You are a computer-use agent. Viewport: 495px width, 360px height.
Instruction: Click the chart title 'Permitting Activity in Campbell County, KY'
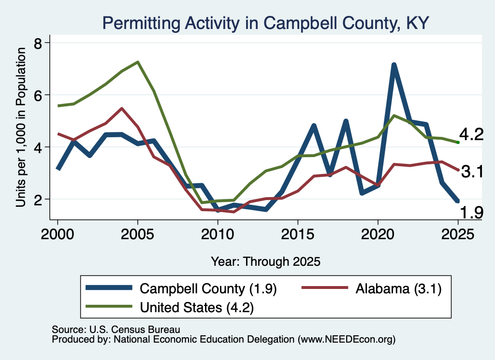click(265, 23)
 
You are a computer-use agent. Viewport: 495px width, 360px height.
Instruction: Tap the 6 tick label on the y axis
click(38, 95)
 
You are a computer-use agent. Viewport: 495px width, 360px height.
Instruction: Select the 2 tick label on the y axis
click(38, 200)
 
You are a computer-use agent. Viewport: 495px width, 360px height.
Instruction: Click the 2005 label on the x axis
click(138, 234)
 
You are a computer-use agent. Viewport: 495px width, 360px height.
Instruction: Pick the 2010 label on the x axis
click(218, 234)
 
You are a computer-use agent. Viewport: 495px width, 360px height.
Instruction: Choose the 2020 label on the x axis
click(378, 234)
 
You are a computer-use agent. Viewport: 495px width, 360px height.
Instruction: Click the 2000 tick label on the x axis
click(58, 234)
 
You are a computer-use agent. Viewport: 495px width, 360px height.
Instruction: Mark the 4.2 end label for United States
click(471, 134)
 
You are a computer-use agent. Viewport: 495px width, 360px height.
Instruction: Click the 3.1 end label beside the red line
click(472, 172)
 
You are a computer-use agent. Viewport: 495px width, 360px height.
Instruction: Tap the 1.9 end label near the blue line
click(471, 212)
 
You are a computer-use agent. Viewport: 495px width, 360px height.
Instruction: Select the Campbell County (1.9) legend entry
click(181, 288)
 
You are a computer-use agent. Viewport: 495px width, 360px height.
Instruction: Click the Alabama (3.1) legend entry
click(372, 288)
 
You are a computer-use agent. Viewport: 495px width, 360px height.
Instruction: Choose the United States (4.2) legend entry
click(170, 307)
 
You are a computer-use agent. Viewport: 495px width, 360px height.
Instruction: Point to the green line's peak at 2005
click(138, 62)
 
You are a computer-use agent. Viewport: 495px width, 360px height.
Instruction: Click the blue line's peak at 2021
click(393, 65)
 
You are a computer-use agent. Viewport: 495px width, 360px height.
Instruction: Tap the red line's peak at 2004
click(121, 109)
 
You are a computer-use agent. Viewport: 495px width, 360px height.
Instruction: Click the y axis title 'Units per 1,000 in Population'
click(21, 127)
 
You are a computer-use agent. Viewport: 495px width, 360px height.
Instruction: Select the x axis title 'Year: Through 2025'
click(265, 261)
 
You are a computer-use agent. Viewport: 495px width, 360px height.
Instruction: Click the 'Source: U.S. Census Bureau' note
click(116, 330)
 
